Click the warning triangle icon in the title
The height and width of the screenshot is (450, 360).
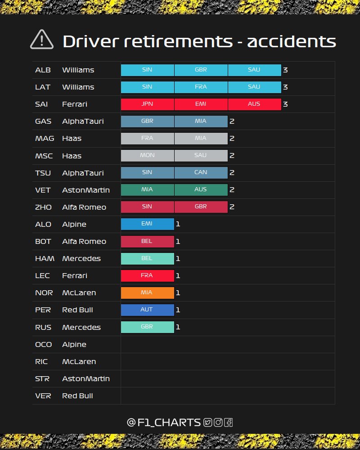coord(42,40)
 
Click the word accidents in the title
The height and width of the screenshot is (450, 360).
coord(292,41)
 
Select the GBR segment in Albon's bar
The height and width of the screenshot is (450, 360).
coord(201,70)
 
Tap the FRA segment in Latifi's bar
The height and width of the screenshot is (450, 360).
coord(201,87)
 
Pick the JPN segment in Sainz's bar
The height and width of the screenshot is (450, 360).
coord(147,104)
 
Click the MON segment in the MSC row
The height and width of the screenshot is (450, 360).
coord(147,156)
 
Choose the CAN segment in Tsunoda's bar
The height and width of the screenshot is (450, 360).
coord(201,173)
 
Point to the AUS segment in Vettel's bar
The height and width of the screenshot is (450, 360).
coord(201,190)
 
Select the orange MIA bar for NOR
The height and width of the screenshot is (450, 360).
coord(147,293)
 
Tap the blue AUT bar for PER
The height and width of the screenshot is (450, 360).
coord(147,310)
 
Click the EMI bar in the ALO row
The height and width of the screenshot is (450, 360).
coord(147,224)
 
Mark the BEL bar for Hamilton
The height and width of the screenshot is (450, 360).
coord(147,259)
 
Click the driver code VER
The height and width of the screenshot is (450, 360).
coord(43,396)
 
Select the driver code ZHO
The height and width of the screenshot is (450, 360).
coord(43,207)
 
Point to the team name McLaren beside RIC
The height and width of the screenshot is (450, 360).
coord(79,362)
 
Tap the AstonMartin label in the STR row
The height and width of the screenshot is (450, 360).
coord(86,379)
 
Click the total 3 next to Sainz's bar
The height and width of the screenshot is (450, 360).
coord(285,104)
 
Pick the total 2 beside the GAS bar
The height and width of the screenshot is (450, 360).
coord(232,121)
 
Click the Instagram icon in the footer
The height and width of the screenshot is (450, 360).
coord(218,423)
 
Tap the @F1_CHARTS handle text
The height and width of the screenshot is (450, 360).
coord(164,423)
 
